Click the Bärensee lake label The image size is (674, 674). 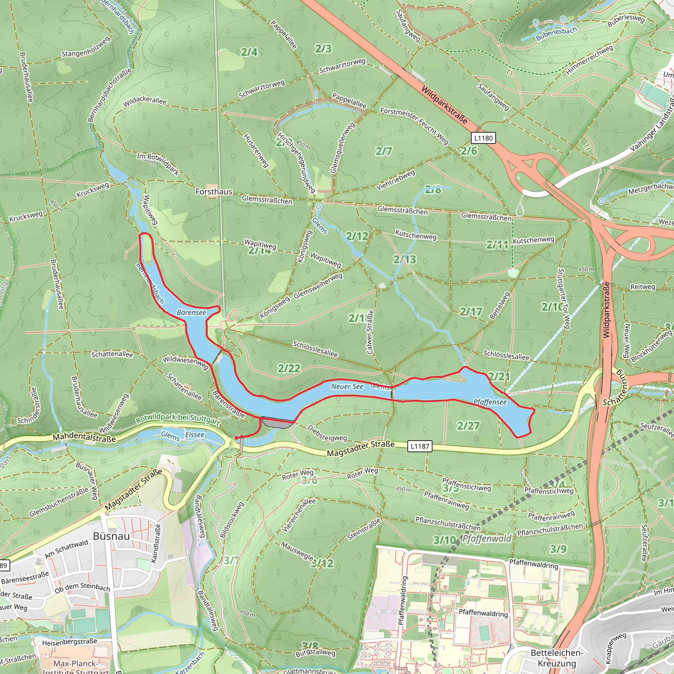(191, 313)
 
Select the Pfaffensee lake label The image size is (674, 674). (490, 402)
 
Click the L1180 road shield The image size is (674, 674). (483, 138)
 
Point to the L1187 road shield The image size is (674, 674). (420, 446)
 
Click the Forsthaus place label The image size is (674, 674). (214, 192)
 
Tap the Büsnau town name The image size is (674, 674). (111, 536)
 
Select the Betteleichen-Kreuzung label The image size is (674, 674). (557, 658)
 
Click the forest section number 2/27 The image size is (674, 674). (468, 426)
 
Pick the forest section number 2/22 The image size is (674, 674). (289, 368)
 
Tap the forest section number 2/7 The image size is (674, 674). (383, 151)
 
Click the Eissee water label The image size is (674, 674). (195, 434)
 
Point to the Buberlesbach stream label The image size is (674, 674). (557, 34)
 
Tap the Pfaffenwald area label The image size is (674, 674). (487, 539)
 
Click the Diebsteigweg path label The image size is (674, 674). (327, 433)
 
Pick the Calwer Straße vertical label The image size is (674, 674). (370, 332)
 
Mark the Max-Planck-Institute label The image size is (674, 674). (75, 667)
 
